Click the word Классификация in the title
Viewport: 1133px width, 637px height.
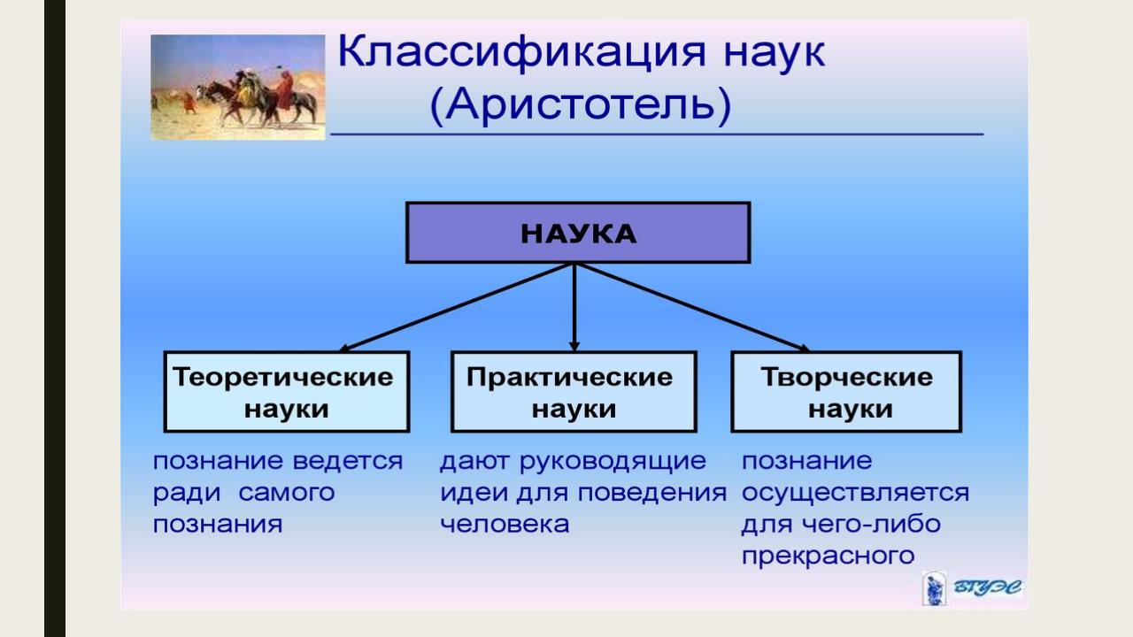[x=521, y=53]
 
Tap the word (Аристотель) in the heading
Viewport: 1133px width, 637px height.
[x=581, y=105]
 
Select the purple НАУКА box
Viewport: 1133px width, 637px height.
[x=578, y=233]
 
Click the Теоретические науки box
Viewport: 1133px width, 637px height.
[x=287, y=392]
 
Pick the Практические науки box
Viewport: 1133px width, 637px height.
[x=574, y=392]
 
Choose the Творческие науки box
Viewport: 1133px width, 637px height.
[x=846, y=392]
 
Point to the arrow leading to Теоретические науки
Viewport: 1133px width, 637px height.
[x=456, y=307]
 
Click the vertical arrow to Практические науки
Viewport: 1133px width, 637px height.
[x=574, y=307]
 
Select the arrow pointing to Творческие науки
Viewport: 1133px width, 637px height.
[x=692, y=307]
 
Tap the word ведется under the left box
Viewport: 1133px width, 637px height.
[x=348, y=461]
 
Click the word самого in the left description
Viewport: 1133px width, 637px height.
[x=286, y=493]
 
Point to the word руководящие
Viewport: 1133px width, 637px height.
[x=613, y=462]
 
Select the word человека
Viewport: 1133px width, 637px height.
[x=505, y=524]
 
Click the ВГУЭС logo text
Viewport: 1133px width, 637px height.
[x=987, y=587]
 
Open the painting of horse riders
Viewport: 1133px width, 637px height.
[x=238, y=87]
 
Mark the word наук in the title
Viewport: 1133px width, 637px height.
[x=775, y=53]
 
